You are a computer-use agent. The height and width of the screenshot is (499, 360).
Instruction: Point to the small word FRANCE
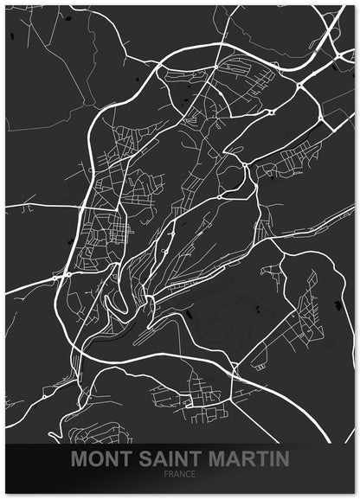pos(180,474)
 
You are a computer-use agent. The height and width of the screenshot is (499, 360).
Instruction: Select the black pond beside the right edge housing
pos(336,303)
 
